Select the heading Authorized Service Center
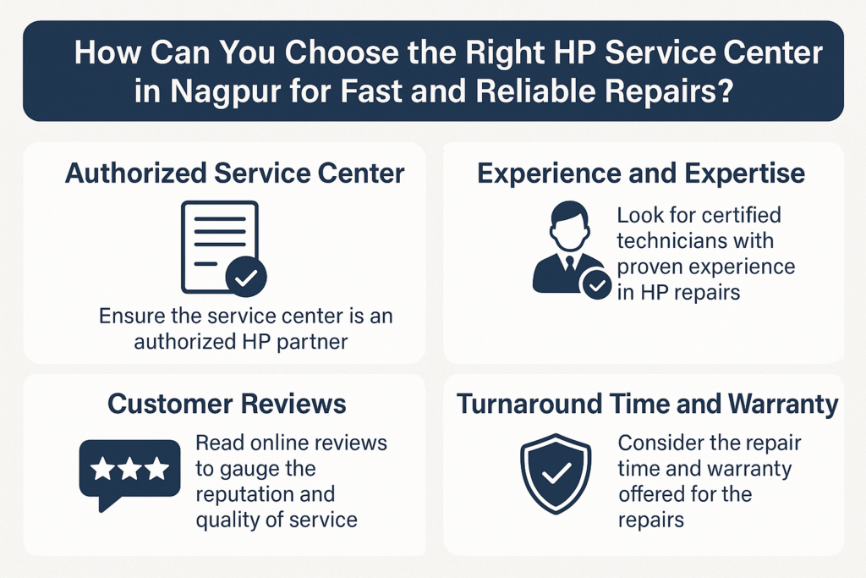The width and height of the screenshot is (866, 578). coord(235,173)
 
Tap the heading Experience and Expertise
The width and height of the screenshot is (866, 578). coord(641,173)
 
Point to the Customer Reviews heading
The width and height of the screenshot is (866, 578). coord(227,404)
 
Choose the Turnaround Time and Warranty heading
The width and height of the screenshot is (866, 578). coord(648,404)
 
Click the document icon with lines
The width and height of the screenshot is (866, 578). coord(219,245)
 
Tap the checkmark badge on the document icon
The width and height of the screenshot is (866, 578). coord(246,276)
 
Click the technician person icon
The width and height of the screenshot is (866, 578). coord(567,249)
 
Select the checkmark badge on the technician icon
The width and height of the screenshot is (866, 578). coord(597,286)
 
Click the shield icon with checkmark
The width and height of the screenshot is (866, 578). coord(556,475)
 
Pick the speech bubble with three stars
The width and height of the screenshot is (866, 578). coord(129,471)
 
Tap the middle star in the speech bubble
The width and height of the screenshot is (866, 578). coord(129,467)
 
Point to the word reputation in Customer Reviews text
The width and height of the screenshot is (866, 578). coord(245,494)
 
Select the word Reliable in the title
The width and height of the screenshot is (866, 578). coord(549,91)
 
